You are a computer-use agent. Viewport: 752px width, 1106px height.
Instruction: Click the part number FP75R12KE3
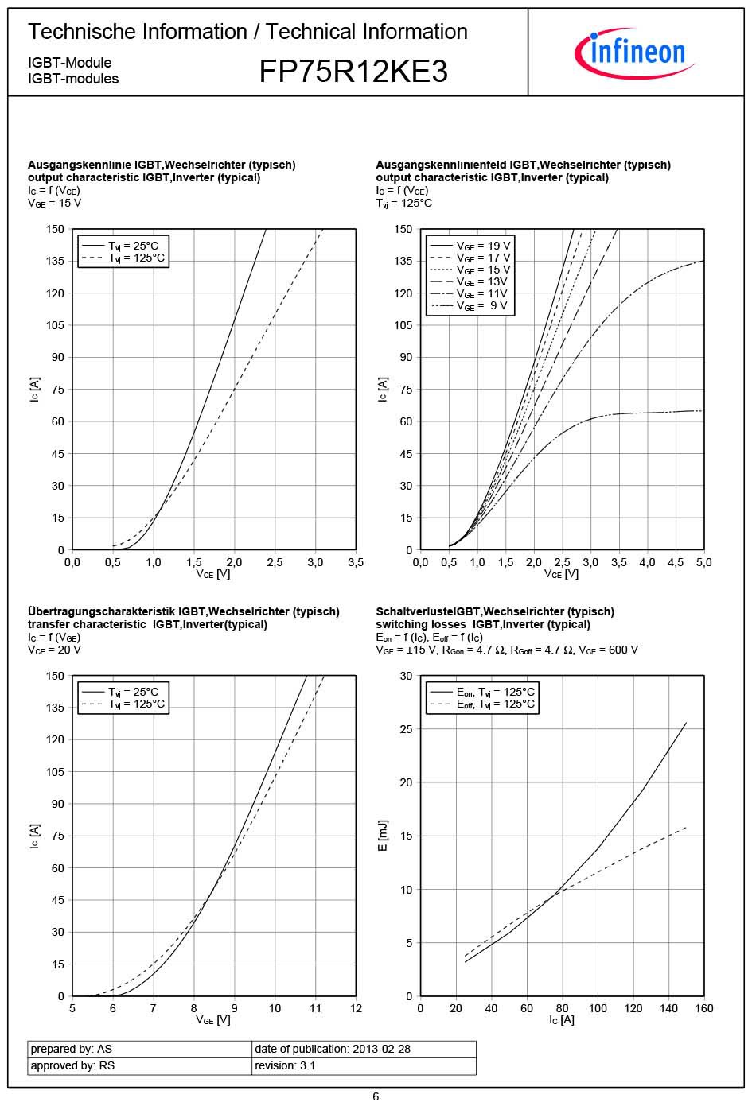point(353,72)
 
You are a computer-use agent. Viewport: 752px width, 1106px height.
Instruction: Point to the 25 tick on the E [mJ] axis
point(406,729)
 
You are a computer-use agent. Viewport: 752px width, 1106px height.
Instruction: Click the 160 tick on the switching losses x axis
point(703,1008)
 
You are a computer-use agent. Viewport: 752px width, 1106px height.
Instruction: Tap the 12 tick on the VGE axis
point(356,1008)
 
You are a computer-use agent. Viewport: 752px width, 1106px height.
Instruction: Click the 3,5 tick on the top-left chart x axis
point(356,562)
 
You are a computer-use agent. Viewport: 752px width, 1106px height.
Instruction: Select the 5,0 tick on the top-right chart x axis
point(703,562)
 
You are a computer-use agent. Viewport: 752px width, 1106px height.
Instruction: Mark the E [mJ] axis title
point(383,836)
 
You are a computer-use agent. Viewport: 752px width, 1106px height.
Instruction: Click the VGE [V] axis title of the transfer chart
point(213,1020)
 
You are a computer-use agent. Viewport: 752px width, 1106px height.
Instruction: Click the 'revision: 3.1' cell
point(285,1065)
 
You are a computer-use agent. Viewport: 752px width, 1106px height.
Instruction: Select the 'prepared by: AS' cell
point(72,1049)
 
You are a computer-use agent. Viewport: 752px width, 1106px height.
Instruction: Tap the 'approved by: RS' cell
point(72,1065)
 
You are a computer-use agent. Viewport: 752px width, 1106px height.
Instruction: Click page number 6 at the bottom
point(376,1096)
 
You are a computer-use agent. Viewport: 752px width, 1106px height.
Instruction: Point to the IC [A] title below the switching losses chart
point(561,1020)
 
